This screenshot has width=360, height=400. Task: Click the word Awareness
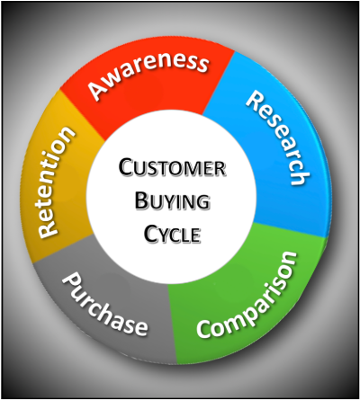(148, 75)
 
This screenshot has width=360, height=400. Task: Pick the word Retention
(54, 182)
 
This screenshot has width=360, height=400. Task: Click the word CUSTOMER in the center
(172, 167)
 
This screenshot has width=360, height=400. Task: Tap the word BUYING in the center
(172, 200)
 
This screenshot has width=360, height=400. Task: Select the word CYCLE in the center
(172, 234)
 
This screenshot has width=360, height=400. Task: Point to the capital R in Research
(256, 100)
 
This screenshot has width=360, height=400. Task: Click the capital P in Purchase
(71, 281)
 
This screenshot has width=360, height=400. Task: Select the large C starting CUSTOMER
(125, 167)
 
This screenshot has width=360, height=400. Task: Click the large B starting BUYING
(141, 200)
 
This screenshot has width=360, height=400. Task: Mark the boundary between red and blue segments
(219, 83)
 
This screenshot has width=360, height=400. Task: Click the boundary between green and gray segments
(172, 324)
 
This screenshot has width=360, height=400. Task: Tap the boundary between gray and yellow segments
(62, 249)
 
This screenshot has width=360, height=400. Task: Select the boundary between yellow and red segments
(83, 114)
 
